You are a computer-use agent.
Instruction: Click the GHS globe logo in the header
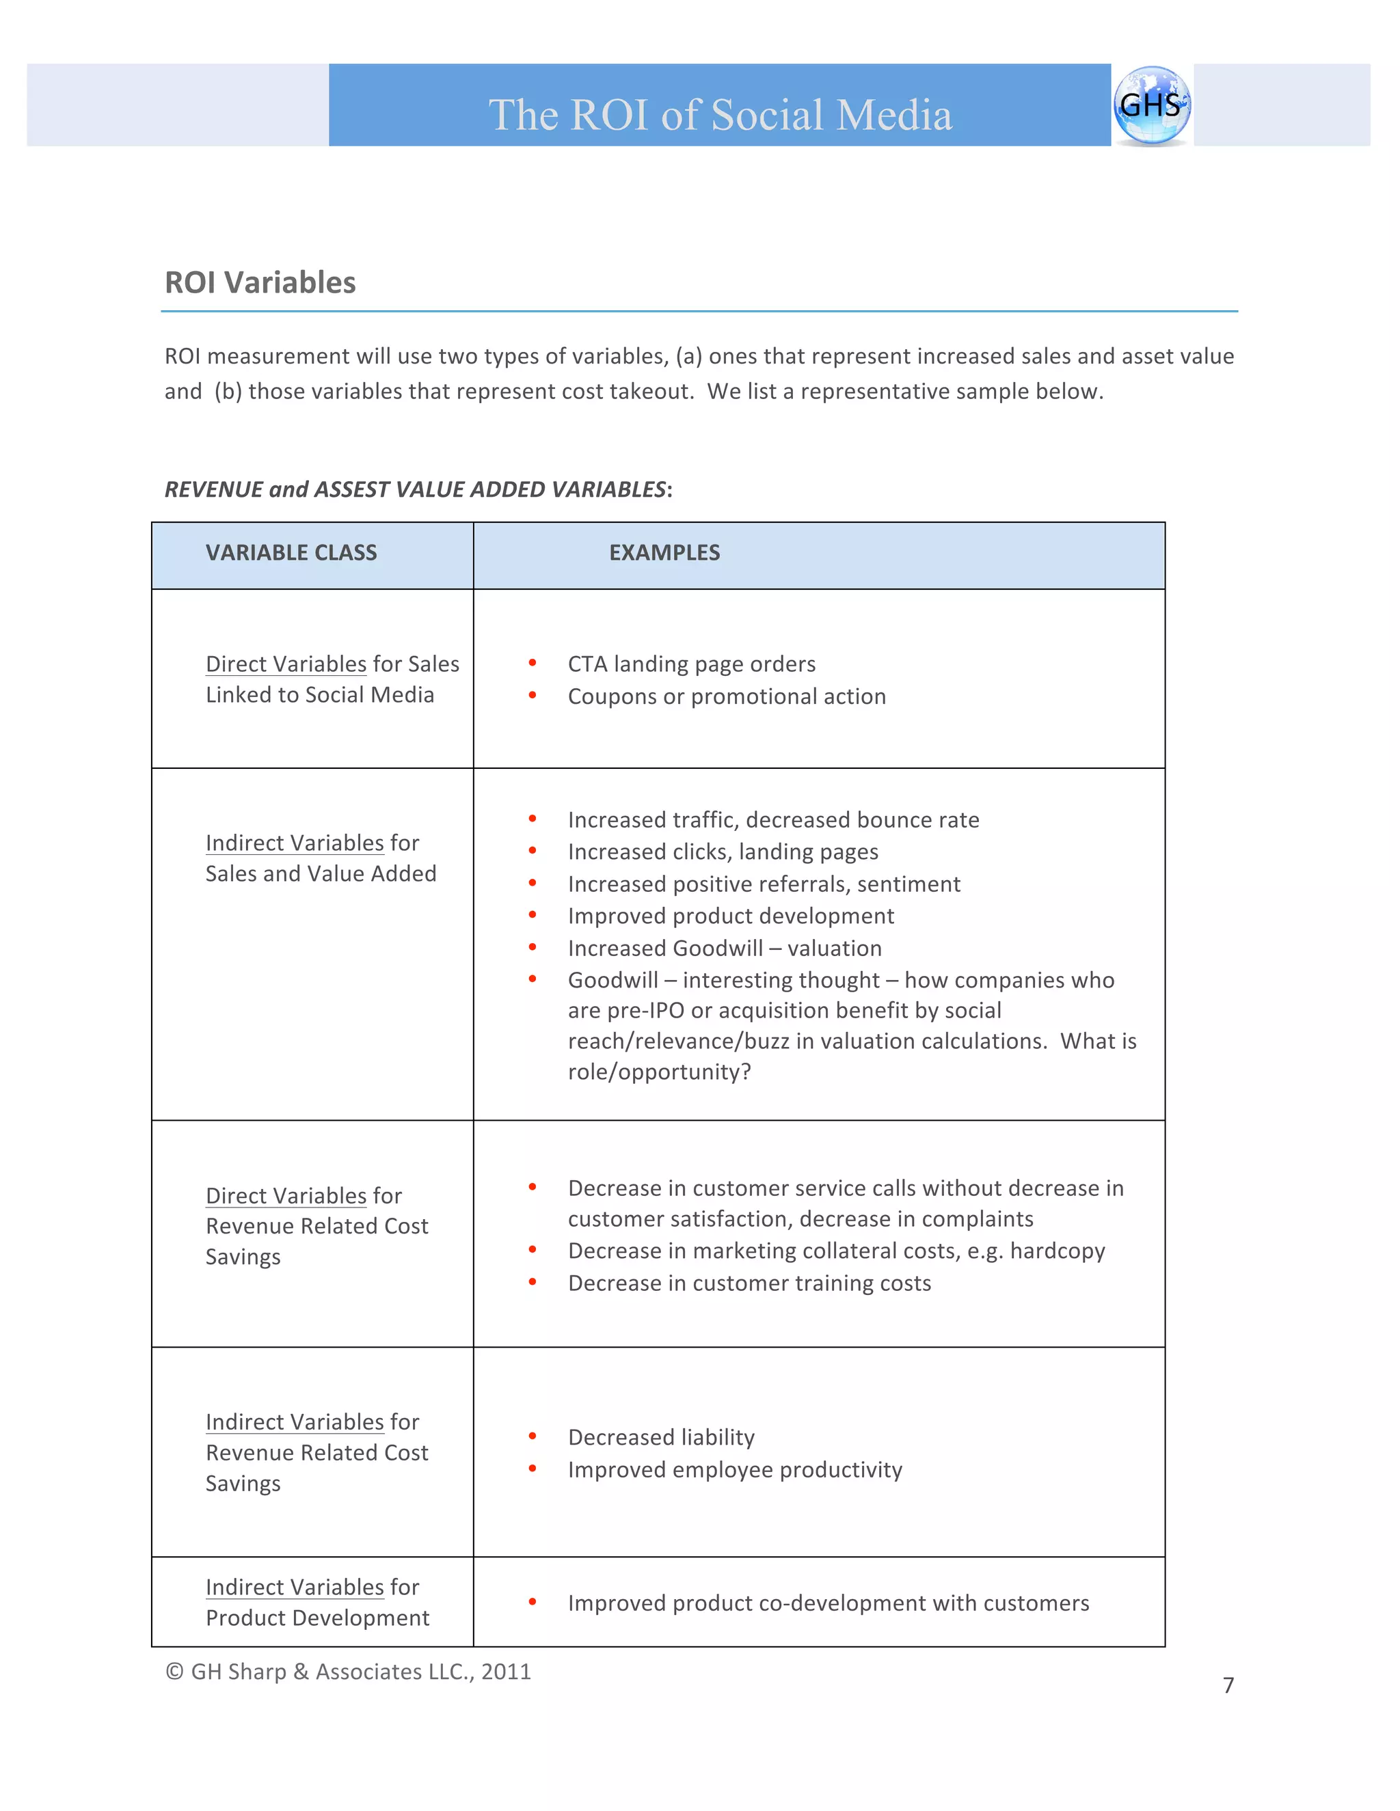click(x=1151, y=105)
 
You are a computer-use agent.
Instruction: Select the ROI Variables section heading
click(x=260, y=283)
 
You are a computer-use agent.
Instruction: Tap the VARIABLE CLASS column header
click(x=291, y=553)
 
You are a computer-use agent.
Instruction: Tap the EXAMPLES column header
click(x=664, y=553)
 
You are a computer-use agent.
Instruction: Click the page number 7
click(x=1228, y=1685)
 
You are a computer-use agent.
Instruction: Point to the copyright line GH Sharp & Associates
click(x=349, y=1672)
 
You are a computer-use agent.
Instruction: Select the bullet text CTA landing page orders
click(x=691, y=664)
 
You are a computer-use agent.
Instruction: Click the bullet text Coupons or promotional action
click(x=727, y=696)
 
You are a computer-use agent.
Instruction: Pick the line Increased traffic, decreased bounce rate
click(x=773, y=820)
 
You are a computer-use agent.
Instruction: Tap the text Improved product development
click(x=731, y=916)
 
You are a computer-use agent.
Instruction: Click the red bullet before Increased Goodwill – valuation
click(x=533, y=947)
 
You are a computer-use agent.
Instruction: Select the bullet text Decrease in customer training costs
click(x=749, y=1283)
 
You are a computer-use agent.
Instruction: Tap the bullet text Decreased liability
click(x=661, y=1438)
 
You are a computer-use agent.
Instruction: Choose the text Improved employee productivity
click(x=735, y=1470)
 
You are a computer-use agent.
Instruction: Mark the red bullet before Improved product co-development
click(x=533, y=1602)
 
